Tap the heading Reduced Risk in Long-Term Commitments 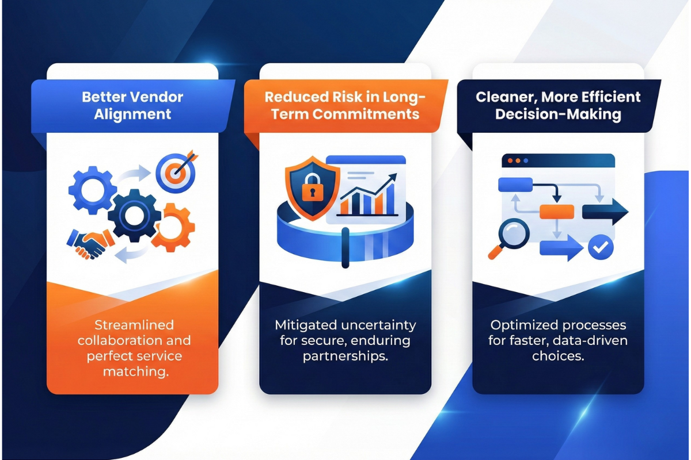click(345, 105)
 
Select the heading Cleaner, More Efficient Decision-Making click(558, 105)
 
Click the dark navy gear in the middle click(134, 216)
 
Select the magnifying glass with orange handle click(507, 238)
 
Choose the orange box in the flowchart click(556, 212)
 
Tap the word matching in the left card click(135, 372)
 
